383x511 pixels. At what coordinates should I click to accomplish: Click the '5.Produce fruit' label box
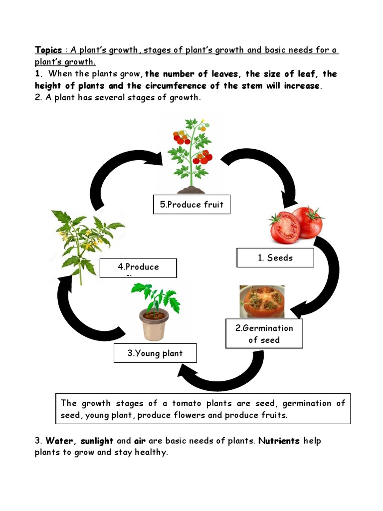click(x=191, y=205)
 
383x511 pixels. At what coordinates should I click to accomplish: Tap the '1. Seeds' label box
click(x=275, y=258)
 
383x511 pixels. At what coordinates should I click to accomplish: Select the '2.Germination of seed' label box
click(x=264, y=334)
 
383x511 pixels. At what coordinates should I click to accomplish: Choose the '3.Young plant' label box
click(x=155, y=353)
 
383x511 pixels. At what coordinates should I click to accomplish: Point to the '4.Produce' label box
click(x=138, y=267)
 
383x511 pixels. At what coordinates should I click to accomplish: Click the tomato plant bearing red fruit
click(x=191, y=155)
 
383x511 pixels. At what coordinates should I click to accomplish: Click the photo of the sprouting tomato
click(x=262, y=301)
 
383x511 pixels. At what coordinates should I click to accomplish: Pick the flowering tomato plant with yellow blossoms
click(x=82, y=240)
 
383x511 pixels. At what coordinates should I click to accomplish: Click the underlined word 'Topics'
click(x=48, y=50)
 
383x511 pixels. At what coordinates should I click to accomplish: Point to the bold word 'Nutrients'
click(x=279, y=441)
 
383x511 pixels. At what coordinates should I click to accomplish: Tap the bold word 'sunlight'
click(x=97, y=441)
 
